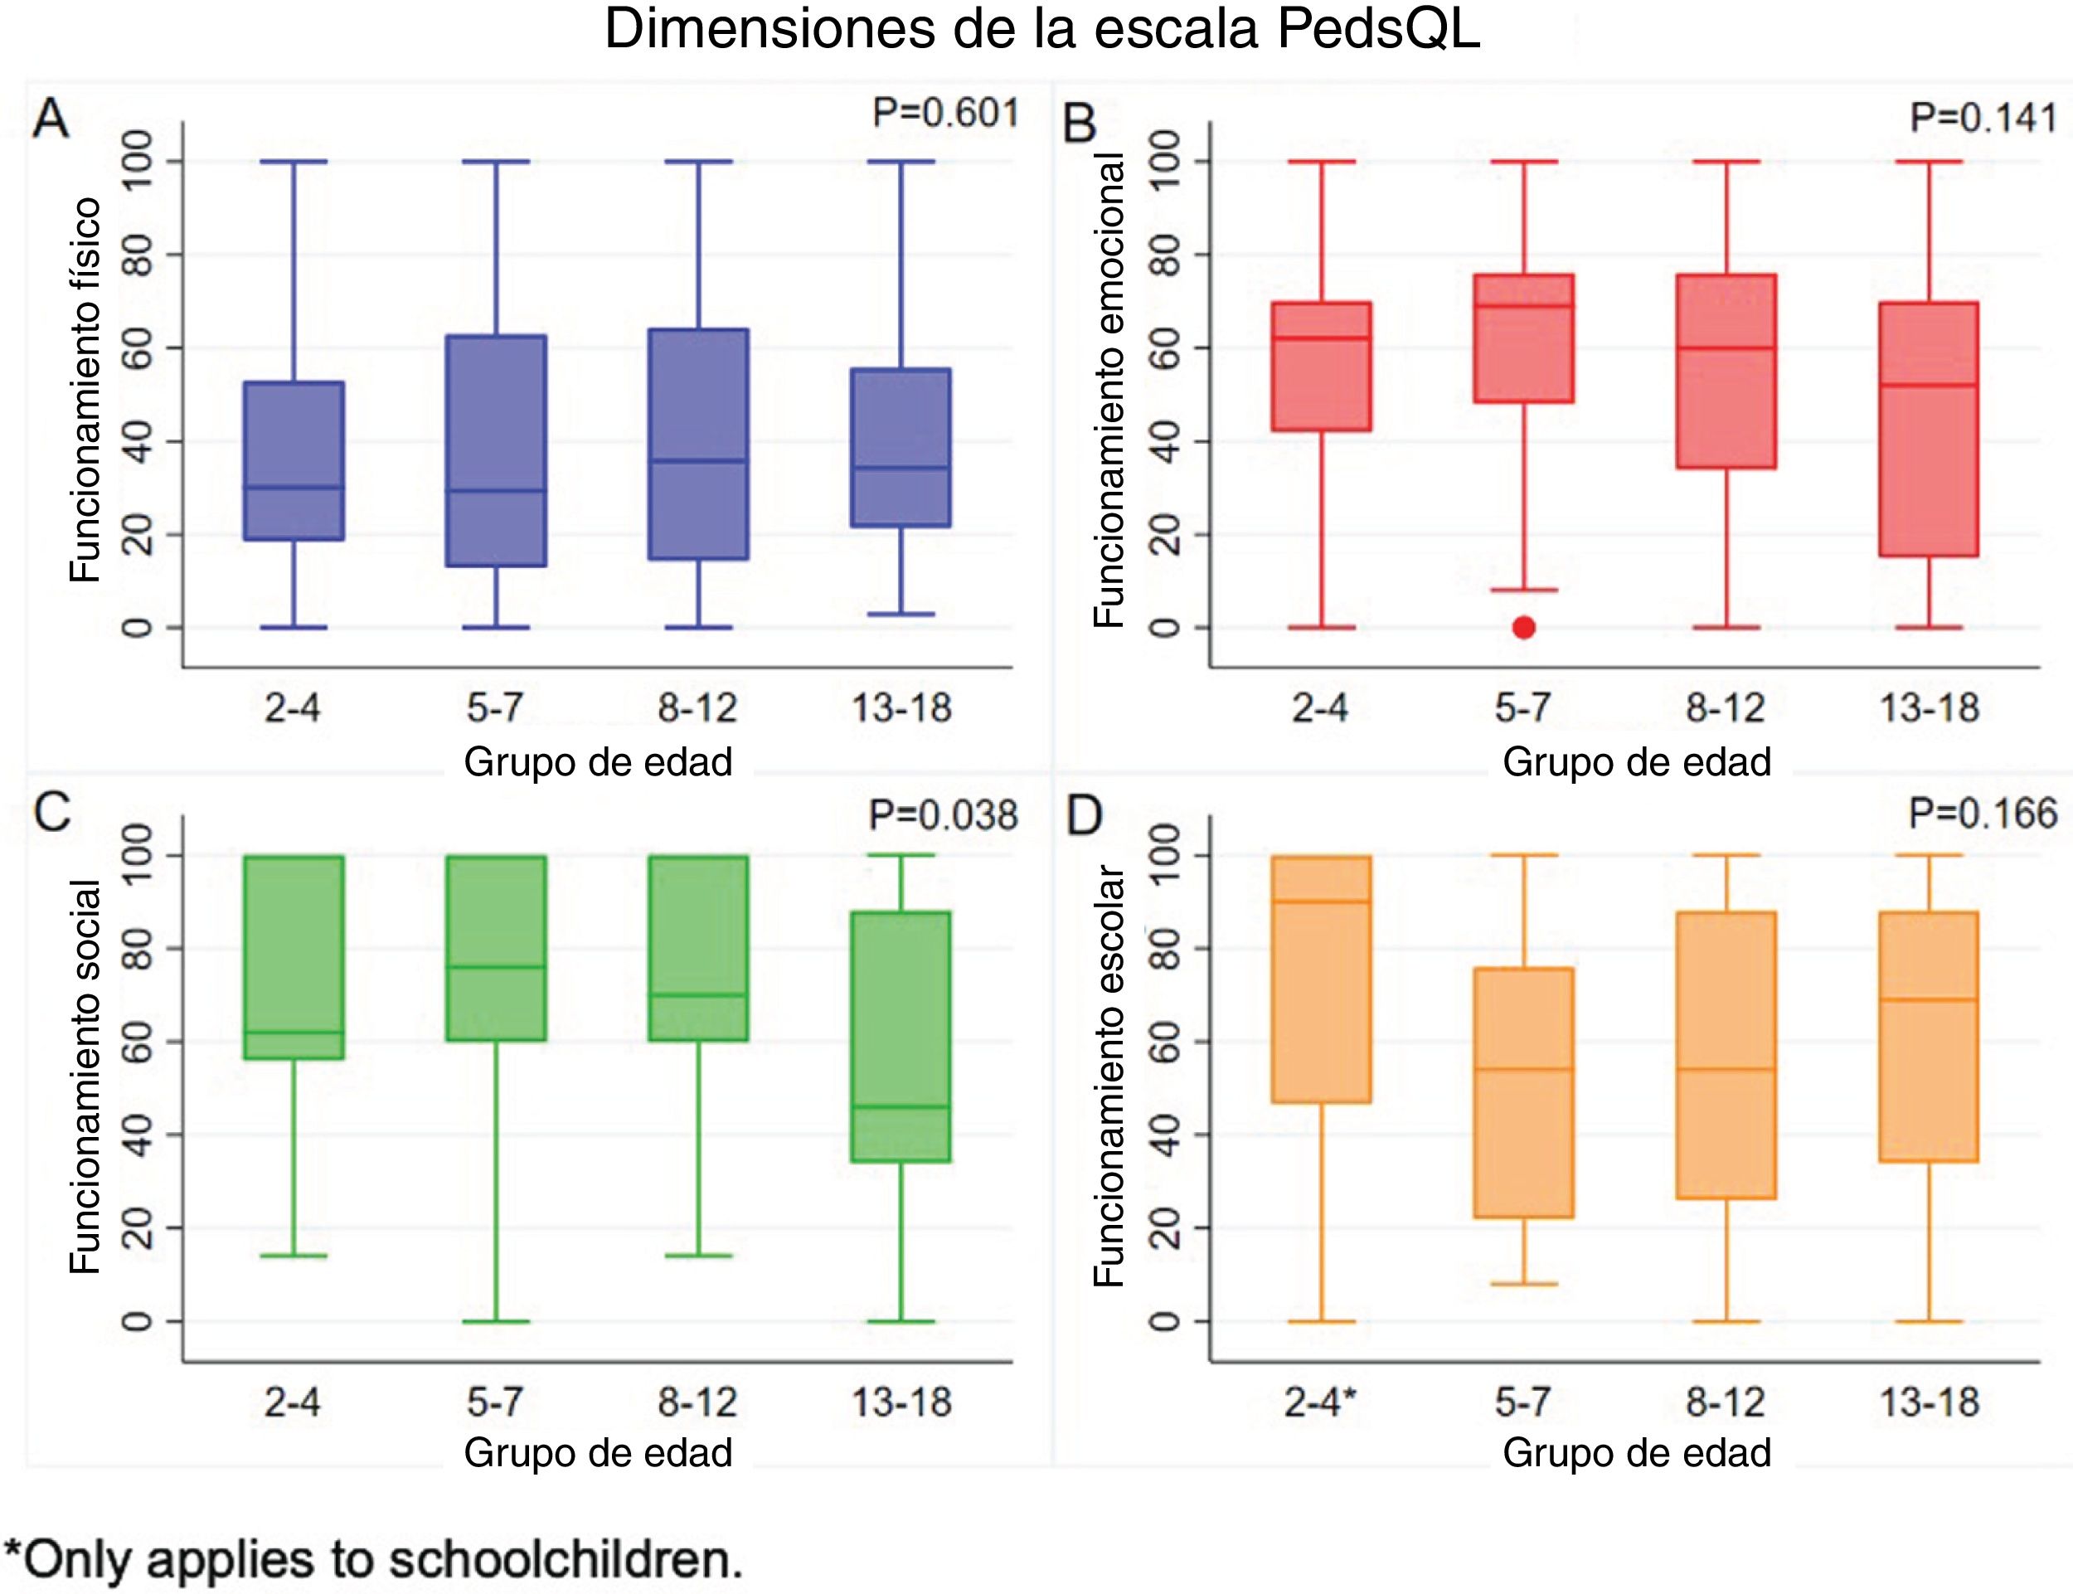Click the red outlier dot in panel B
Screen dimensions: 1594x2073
[x=1524, y=627]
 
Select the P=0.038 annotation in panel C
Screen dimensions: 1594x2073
[x=943, y=815]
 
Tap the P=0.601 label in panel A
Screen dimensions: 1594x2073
[x=945, y=113]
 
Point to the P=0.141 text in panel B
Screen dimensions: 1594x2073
[x=1983, y=119]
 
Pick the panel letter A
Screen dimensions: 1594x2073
[x=51, y=120]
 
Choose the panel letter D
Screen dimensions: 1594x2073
[x=1085, y=815]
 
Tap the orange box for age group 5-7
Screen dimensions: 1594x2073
[x=1524, y=1092]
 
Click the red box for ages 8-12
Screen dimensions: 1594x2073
[x=1726, y=371]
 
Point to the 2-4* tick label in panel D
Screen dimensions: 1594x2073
[x=1321, y=1402]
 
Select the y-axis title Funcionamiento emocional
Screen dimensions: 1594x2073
[x=1108, y=390]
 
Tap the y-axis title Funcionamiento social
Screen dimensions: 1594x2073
[x=85, y=1076]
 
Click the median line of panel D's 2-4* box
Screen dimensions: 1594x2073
[x=1321, y=901]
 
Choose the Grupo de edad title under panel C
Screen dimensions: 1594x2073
[x=598, y=1453]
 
